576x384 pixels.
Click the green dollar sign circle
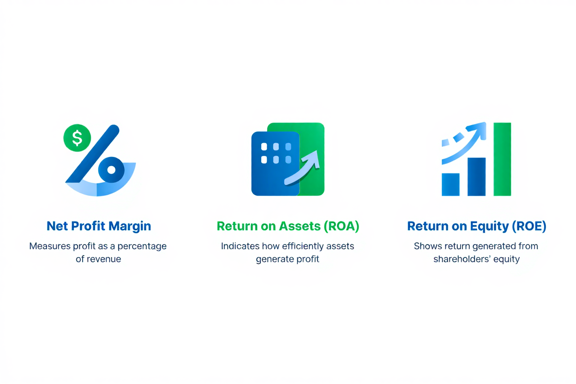coord(77,138)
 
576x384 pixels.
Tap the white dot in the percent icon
coord(111,170)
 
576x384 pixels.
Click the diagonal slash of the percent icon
coord(92,154)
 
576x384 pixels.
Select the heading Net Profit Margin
coord(99,226)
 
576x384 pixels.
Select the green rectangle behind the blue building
coord(314,138)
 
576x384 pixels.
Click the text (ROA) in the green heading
coord(341,226)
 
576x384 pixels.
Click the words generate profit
coord(288,259)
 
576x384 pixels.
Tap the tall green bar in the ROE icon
coord(502,159)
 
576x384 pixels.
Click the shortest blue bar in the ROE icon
coord(450,185)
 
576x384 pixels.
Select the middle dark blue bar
coord(476,177)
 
